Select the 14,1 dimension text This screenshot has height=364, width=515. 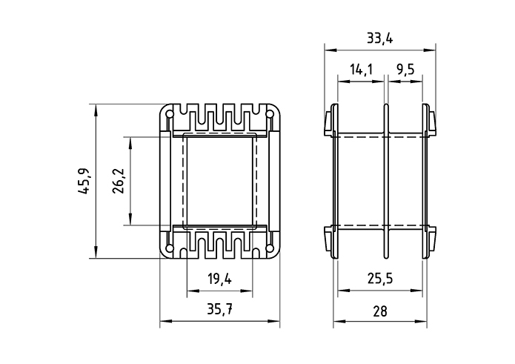pos(361,70)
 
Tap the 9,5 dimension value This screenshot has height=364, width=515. pos(405,70)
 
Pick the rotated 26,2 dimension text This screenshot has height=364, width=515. pos(118,181)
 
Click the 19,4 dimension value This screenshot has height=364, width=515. pos(219,280)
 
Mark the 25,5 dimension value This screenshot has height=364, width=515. pos(381,280)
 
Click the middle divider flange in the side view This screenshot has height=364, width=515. pos(386,181)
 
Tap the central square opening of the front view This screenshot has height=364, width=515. pos(219,181)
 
